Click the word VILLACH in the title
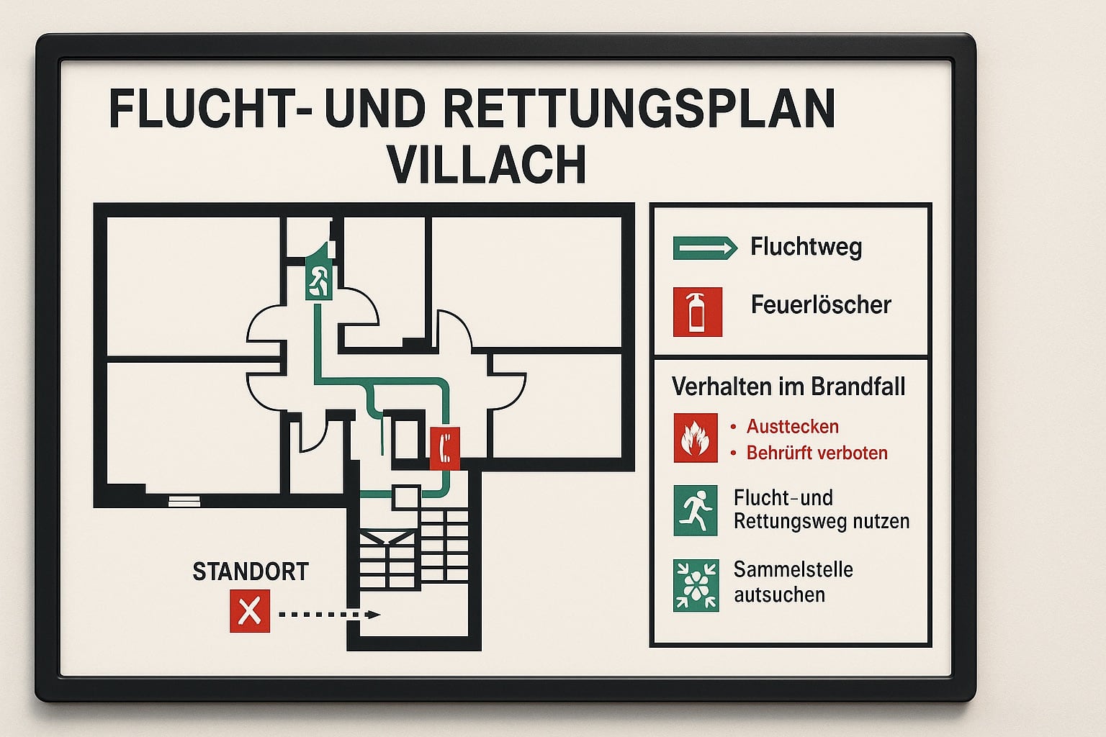click(x=487, y=164)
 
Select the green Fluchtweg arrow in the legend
click(x=705, y=248)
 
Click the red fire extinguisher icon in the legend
click(x=698, y=312)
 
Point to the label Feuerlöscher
click(x=821, y=304)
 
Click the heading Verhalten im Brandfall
click(x=788, y=386)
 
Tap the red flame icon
click(x=695, y=438)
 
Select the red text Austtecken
click(x=793, y=427)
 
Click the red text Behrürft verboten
click(x=817, y=453)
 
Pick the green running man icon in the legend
click(x=695, y=510)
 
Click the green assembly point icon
click(x=696, y=585)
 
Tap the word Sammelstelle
click(x=793, y=569)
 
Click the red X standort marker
click(x=250, y=611)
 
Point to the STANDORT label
click(x=251, y=571)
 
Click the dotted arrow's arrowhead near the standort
click(x=373, y=615)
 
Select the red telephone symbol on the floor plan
click(x=445, y=448)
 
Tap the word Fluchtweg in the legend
click(x=806, y=246)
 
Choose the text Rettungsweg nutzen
click(x=822, y=521)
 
